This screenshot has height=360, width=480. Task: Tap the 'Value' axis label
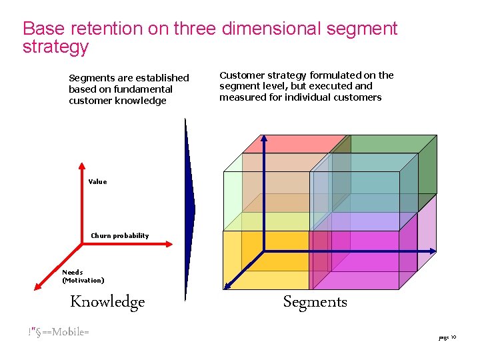[97, 181]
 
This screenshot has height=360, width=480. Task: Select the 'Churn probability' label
[120, 235]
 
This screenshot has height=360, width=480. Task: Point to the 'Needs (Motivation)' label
[83, 276]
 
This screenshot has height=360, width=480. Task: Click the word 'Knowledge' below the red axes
[107, 302]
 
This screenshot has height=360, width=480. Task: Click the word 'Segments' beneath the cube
[315, 302]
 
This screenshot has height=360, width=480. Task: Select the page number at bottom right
[447, 338]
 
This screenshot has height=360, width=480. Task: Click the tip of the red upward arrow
[81, 165]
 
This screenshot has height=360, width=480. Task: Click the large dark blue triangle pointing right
[189, 207]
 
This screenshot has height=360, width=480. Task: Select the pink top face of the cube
[293, 144]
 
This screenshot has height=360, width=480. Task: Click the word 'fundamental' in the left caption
[143, 89]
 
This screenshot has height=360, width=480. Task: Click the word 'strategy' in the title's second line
[55, 47]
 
